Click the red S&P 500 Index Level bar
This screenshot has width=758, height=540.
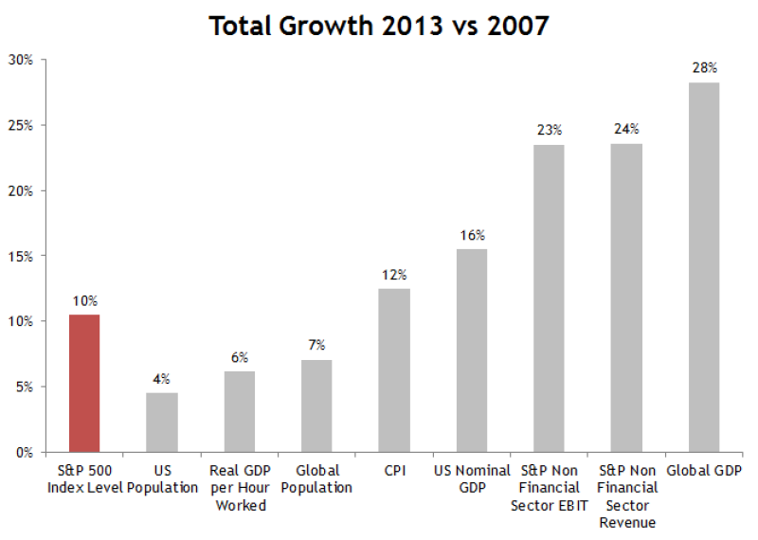coord(84,383)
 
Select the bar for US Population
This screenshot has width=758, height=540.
coord(162,422)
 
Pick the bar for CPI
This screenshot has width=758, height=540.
coord(394,369)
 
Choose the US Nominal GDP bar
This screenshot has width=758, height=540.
coord(472,351)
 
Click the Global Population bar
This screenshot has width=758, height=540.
coord(316,405)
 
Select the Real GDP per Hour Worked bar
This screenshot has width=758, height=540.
coord(240,411)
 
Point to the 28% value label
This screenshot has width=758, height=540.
coord(704,67)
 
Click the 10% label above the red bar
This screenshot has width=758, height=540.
coord(84,300)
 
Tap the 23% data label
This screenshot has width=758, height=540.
coord(550,130)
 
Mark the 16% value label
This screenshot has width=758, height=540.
coord(472,235)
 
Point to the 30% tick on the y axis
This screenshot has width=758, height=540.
coord(21,60)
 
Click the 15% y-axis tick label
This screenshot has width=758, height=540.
coord(21,256)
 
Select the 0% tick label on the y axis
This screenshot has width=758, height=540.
coord(24,452)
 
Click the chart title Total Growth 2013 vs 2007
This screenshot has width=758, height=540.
coord(378,26)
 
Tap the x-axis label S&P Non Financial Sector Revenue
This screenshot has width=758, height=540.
coord(626,495)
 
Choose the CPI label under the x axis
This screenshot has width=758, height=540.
coord(394,470)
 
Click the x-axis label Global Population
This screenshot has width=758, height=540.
coord(316,478)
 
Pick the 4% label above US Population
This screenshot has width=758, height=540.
coord(162,379)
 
